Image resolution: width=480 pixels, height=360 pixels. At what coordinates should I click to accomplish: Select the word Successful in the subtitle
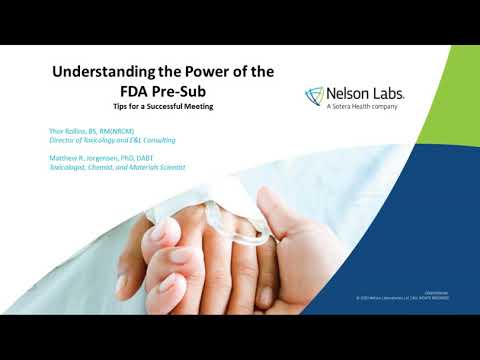pos(171,106)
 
